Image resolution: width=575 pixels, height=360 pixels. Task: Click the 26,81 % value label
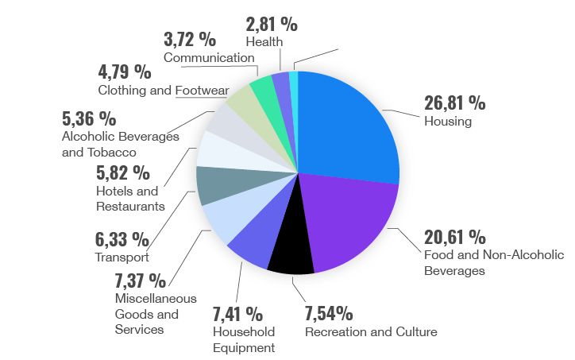click(455, 103)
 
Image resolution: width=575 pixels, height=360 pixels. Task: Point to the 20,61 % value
click(454, 237)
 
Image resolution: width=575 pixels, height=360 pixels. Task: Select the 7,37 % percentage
click(141, 280)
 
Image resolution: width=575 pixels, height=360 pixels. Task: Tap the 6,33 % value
click(122, 238)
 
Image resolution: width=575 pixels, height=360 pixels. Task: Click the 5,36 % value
click(88, 119)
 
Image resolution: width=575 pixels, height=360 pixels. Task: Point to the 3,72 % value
click(190, 38)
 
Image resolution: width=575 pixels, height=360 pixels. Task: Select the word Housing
click(448, 122)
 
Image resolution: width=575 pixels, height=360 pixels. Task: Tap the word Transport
click(122, 257)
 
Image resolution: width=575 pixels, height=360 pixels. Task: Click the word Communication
click(209, 57)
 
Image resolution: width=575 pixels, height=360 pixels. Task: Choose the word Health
click(264, 41)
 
